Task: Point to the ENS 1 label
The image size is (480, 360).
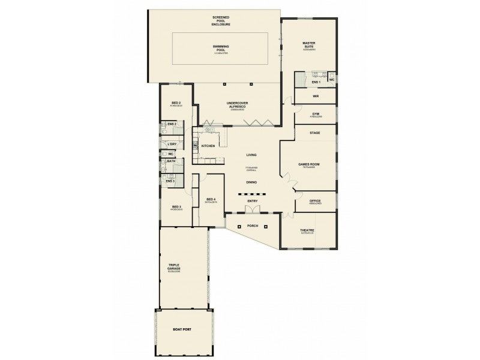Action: pos(307,82)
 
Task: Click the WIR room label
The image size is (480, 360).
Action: pos(314,96)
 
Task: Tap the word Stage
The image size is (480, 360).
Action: pos(314,133)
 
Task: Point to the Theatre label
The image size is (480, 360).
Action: pos(307,230)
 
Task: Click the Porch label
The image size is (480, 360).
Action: pos(253,226)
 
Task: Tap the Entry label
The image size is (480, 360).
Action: pos(253,202)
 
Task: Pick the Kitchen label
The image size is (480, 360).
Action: pos(208,146)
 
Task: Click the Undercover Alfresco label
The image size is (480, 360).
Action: pos(238,104)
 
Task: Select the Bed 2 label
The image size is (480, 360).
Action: pos(175,103)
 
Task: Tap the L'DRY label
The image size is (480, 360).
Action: pos(172,144)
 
